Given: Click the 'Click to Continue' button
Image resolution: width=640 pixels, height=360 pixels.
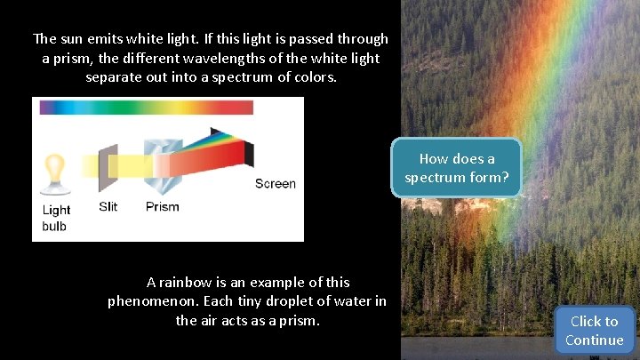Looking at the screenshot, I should coord(594,331).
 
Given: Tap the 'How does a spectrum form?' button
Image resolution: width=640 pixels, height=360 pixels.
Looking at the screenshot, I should coord(457,168).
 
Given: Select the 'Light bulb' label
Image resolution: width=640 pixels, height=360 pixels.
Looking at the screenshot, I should coord(56,218).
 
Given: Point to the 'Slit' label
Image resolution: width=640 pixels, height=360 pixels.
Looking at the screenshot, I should coord(108,207).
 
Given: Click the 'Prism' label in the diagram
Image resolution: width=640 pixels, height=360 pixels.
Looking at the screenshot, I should coord(162,207).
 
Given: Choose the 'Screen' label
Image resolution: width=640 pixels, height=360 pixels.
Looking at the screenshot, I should coord(275,184).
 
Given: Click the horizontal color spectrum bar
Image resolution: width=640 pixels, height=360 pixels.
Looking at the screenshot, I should coord(146,108).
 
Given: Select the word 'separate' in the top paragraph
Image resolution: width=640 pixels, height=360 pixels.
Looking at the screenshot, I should coord(114,76).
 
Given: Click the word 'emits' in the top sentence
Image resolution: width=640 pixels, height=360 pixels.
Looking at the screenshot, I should coord(110,39).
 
